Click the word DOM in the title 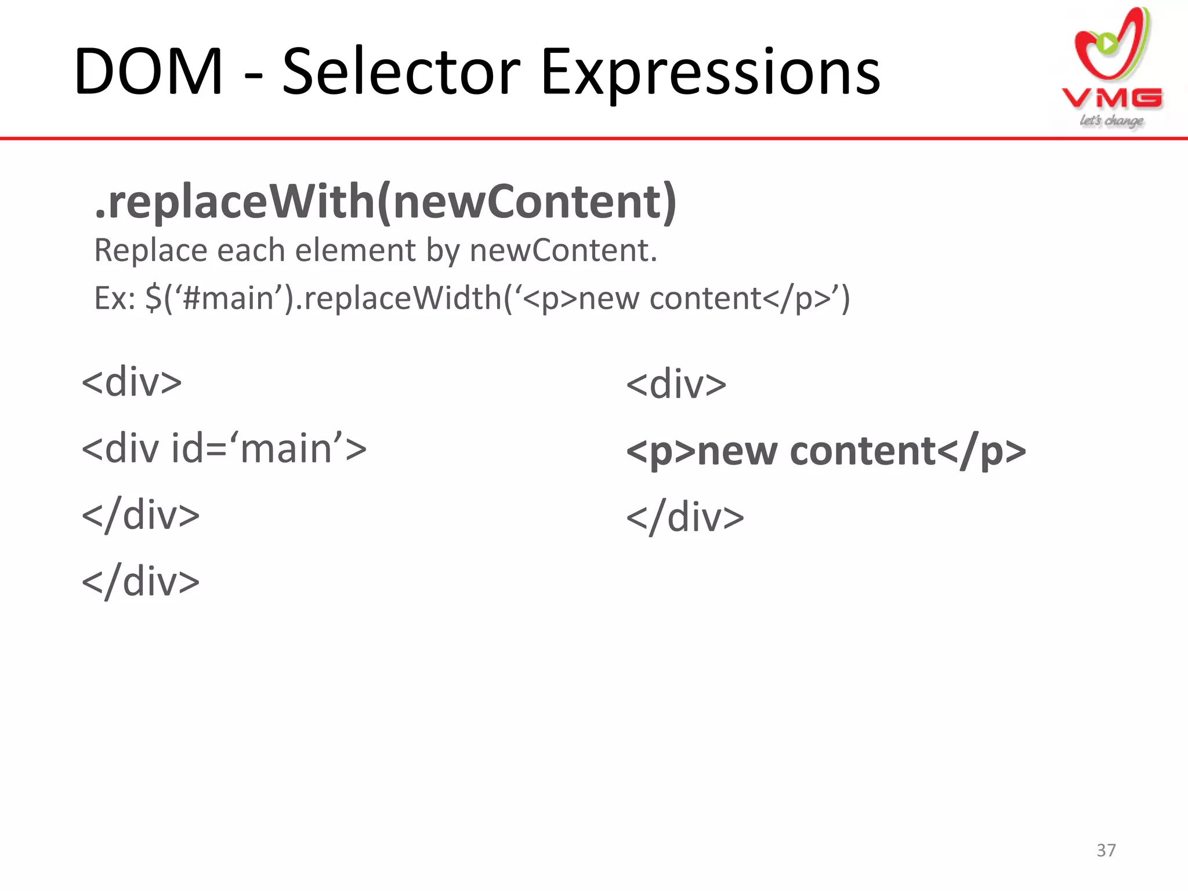click(x=148, y=73)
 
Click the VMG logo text click(x=1112, y=99)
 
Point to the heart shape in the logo click(x=1111, y=46)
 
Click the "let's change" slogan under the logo click(x=1111, y=121)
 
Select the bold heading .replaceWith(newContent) click(x=386, y=202)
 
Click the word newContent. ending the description click(x=563, y=251)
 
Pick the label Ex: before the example click(x=115, y=298)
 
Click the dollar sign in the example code click(x=154, y=298)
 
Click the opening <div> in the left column click(x=132, y=382)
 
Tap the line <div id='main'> click(x=224, y=449)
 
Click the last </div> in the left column click(x=141, y=581)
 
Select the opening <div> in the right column click(x=676, y=385)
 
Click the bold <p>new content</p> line click(x=826, y=451)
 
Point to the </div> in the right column click(x=685, y=517)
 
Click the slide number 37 click(x=1106, y=850)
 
